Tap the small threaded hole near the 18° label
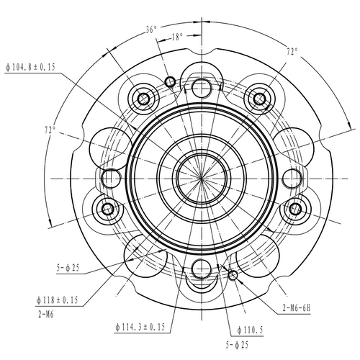[171, 79]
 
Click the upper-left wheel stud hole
[143, 97]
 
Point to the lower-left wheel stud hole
[108, 209]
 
